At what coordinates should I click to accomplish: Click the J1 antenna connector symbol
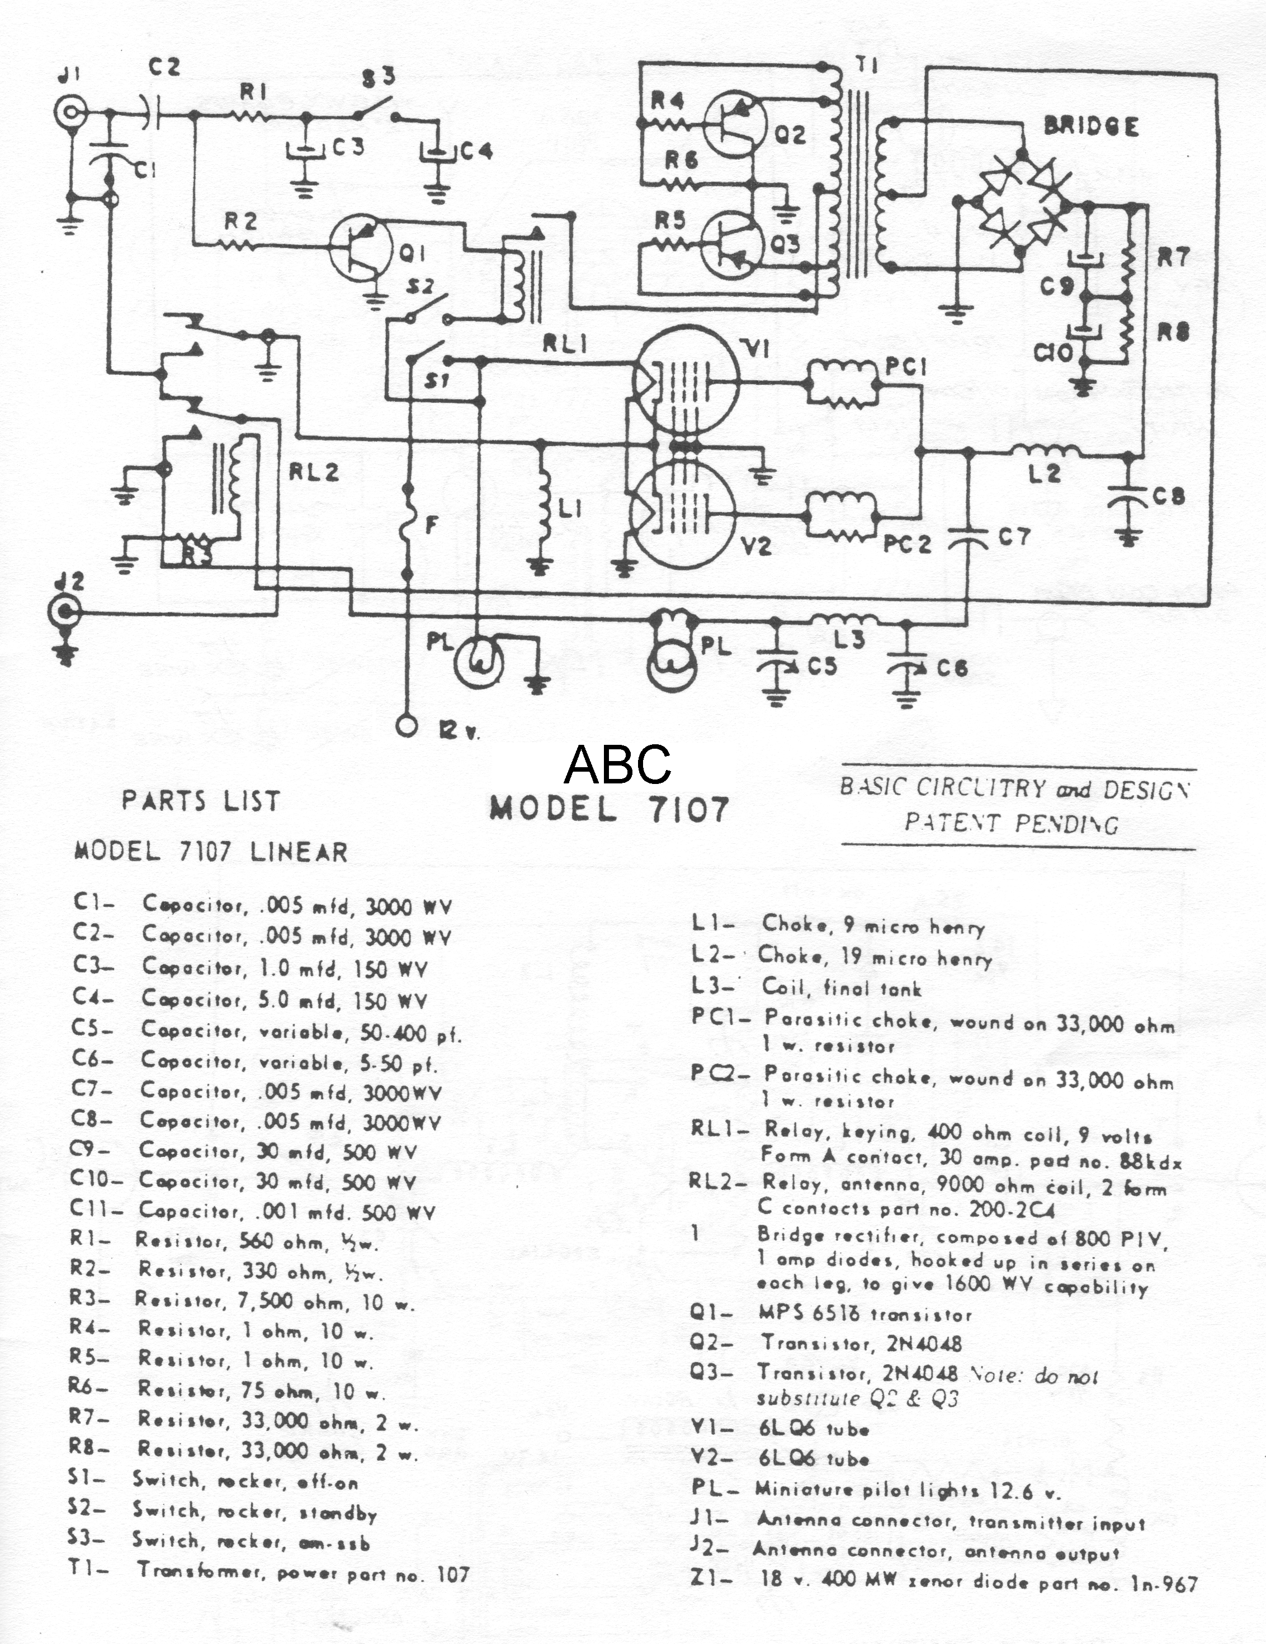(69, 113)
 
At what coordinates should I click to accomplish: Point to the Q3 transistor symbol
(731, 245)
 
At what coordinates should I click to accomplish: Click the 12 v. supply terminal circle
(407, 726)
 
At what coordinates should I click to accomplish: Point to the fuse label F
(431, 525)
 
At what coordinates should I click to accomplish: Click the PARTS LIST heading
(201, 801)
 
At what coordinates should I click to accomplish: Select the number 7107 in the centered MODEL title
(688, 809)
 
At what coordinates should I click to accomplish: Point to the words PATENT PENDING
(1011, 823)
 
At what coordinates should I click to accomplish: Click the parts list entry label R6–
(89, 1387)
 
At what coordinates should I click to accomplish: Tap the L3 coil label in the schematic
(849, 640)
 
